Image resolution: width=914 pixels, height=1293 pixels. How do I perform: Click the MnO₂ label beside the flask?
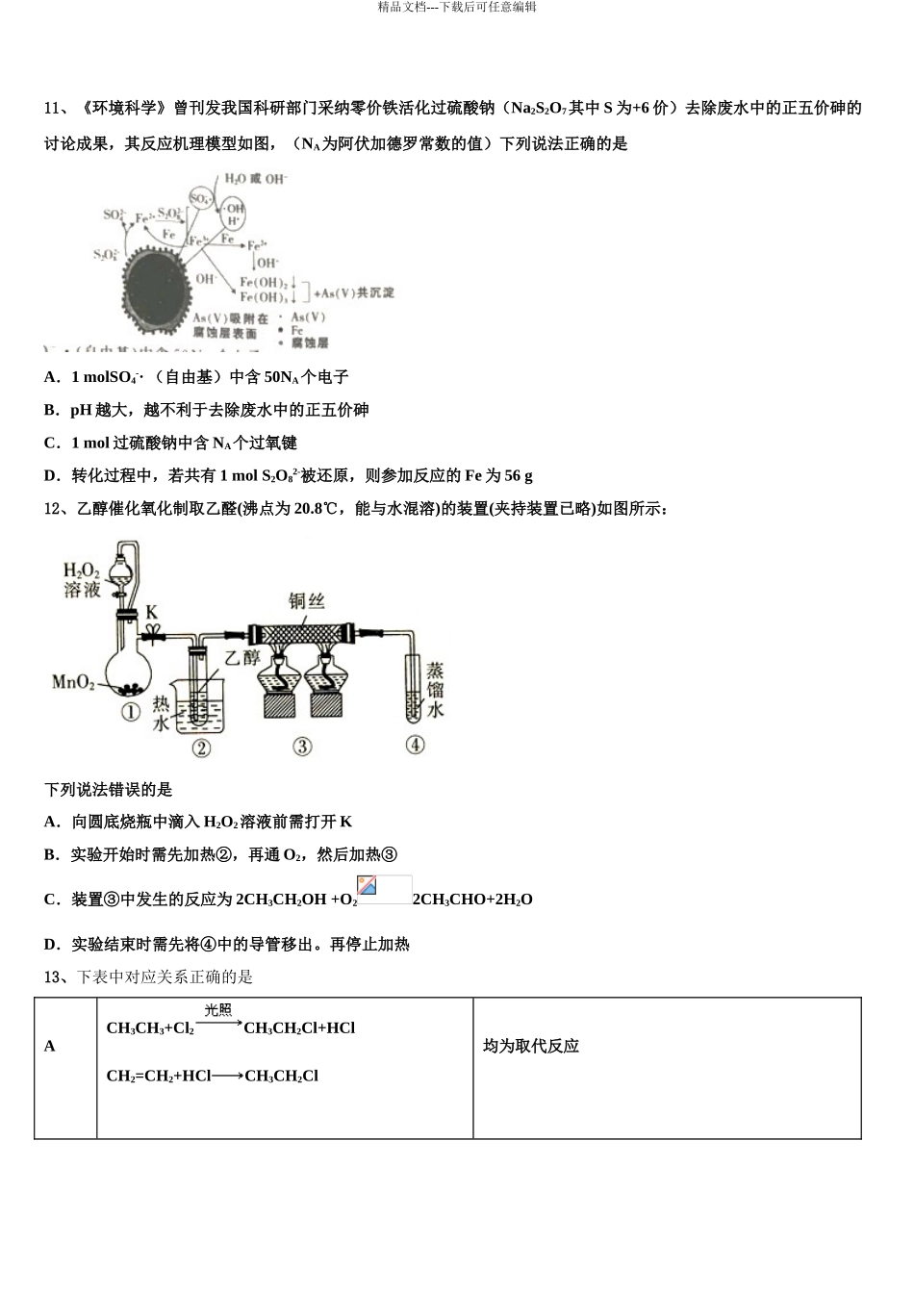(73, 682)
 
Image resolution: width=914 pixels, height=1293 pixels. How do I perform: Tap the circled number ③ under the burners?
(302, 747)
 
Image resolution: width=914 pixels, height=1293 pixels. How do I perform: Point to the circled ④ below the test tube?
(415, 745)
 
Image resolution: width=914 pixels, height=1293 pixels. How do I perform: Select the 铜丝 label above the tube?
(307, 601)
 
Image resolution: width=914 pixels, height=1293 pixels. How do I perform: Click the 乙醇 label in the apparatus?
(241, 658)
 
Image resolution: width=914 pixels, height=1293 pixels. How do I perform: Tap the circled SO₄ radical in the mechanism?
(200, 199)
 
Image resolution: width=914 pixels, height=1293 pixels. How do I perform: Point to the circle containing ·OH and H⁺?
(234, 215)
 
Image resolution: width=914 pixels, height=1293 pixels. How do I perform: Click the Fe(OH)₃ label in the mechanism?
(264, 297)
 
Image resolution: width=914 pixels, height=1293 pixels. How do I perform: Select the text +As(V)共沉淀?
(354, 292)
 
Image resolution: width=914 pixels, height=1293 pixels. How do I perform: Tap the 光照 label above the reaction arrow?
(218, 1009)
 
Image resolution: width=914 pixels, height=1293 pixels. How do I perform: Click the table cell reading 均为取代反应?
(531, 1046)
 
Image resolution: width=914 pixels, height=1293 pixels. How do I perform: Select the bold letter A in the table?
(50, 1046)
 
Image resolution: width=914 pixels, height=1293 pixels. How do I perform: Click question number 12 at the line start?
(54, 509)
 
